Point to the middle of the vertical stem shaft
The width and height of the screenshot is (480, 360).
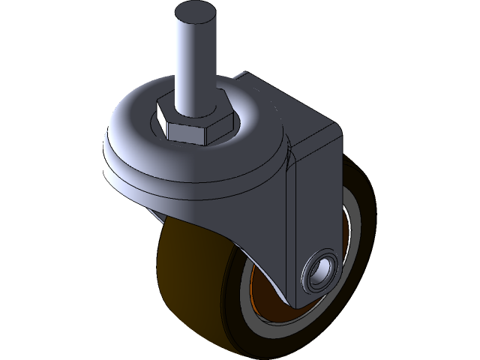[193, 60]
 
